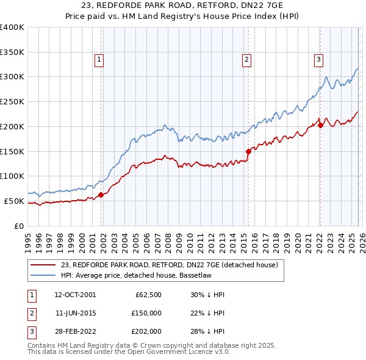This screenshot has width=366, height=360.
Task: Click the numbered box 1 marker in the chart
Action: tap(99, 59)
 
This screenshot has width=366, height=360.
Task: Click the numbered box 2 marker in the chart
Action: tap(246, 59)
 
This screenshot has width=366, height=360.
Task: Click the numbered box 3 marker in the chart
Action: tap(318, 59)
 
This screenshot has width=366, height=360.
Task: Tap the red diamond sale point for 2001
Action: tap(101, 195)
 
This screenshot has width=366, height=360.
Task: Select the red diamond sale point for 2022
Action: tap(320, 126)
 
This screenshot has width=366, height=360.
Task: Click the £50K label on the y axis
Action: tap(14, 201)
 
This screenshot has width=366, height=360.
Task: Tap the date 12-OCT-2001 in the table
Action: tap(75, 295)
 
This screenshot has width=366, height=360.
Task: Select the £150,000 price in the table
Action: tap(146, 312)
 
